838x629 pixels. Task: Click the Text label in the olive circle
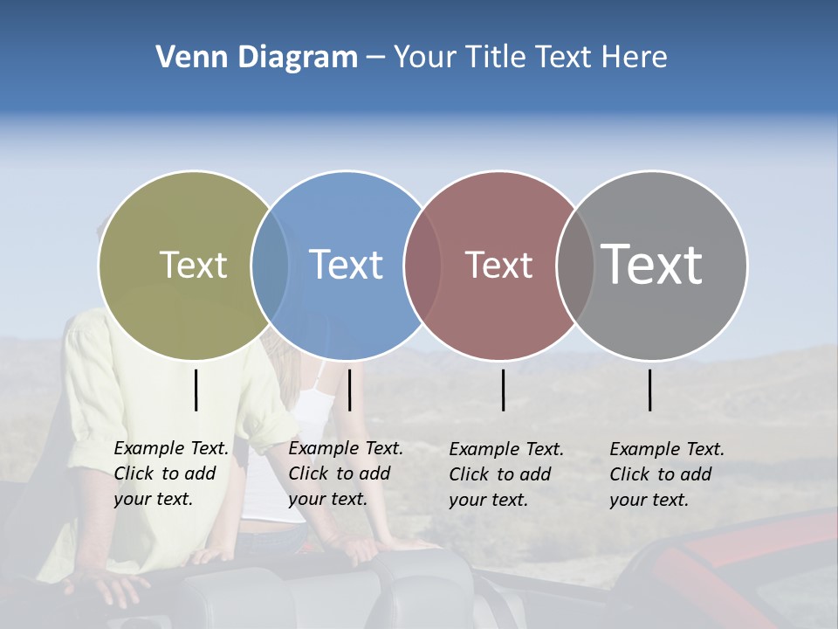pyautogui.click(x=193, y=265)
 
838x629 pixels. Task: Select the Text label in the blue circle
pyautogui.click(x=346, y=265)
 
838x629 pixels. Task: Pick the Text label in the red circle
pyautogui.click(x=498, y=265)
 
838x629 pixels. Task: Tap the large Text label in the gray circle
pyautogui.click(x=651, y=264)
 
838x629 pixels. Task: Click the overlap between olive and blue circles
pyautogui.click(x=270, y=266)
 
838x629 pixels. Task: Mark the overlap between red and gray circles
pyautogui.click(x=575, y=266)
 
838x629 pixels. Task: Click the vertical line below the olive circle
pyautogui.click(x=196, y=390)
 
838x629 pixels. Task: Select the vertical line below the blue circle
pyautogui.click(x=349, y=390)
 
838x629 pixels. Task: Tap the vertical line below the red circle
pyautogui.click(x=503, y=390)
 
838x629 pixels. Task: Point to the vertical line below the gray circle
pyautogui.click(x=649, y=390)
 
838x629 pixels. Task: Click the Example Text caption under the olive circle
pyautogui.click(x=171, y=473)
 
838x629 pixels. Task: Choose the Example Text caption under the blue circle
pyautogui.click(x=346, y=473)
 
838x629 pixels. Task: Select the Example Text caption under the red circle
pyautogui.click(x=506, y=474)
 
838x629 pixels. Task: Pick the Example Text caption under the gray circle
pyautogui.click(x=667, y=474)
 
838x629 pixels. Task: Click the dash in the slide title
pyautogui.click(x=375, y=59)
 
